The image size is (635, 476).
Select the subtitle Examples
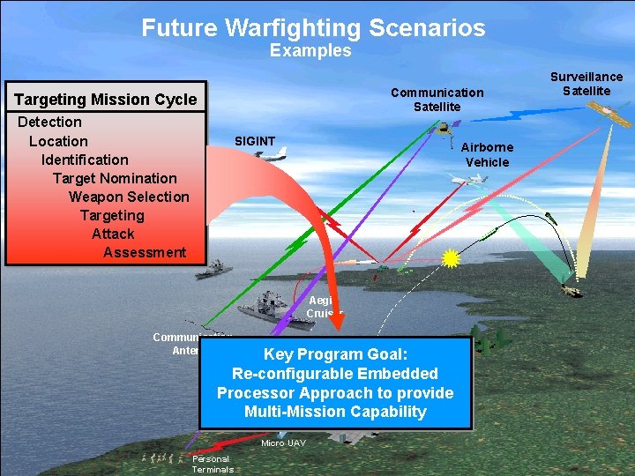[x=310, y=51]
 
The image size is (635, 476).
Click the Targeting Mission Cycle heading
[x=106, y=100]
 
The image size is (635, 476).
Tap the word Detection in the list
[x=49, y=122]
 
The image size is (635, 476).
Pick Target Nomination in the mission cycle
[x=115, y=178]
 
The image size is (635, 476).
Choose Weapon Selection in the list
[x=129, y=197]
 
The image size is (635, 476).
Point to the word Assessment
[x=145, y=252]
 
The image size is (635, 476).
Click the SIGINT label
[x=255, y=141]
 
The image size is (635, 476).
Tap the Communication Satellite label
[x=437, y=99]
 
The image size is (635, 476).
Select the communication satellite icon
[x=444, y=127]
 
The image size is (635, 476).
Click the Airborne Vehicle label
[x=487, y=154]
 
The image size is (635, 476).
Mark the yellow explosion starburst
[x=452, y=258]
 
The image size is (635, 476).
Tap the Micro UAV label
[x=283, y=443]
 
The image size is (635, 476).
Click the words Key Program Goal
[x=335, y=354]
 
